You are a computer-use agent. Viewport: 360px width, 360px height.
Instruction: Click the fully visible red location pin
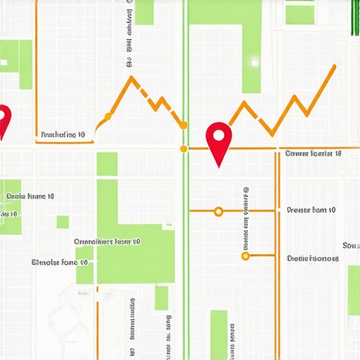coord(219,137)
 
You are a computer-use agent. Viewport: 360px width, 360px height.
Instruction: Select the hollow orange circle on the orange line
coord(218,211)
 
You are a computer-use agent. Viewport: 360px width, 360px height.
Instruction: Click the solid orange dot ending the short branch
coord(245,256)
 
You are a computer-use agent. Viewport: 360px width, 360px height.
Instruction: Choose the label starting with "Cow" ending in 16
coord(313,153)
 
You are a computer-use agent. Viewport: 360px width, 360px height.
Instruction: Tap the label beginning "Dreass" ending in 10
coord(311,210)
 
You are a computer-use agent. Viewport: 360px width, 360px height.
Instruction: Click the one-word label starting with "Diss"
coord(313,258)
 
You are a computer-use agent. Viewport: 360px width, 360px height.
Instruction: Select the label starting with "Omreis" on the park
coord(107,241)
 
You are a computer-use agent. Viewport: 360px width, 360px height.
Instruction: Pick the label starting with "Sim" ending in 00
coord(60,262)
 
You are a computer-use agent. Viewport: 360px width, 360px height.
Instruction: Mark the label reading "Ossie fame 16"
coord(30,197)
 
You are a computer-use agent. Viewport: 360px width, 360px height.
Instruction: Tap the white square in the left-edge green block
coord(4,63)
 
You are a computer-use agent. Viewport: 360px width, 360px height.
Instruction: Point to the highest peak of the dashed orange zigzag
coord(131,77)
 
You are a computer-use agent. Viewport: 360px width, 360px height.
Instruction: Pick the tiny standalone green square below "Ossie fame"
coord(63,222)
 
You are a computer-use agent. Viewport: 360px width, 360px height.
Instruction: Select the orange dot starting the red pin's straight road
coord(184,148)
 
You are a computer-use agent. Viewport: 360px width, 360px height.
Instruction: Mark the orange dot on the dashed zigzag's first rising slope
coord(108,115)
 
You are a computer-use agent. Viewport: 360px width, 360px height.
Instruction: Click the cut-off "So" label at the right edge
coord(351,245)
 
